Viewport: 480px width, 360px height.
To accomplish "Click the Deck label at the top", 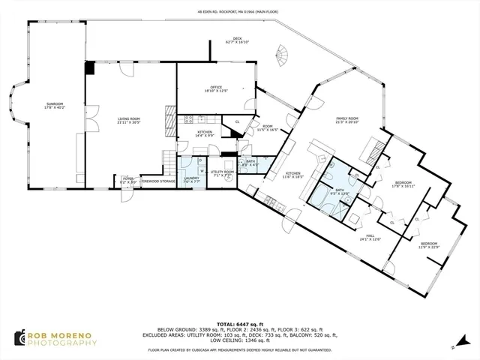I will (x=237, y=39).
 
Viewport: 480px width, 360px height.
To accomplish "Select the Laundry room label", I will (x=191, y=179).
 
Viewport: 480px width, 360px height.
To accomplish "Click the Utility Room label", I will (x=223, y=173).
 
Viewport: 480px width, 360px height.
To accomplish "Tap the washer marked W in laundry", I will (x=201, y=171).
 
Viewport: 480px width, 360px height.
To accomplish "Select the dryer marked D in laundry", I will (x=201, y=160).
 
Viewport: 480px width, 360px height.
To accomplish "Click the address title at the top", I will (x=239, y=12).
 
